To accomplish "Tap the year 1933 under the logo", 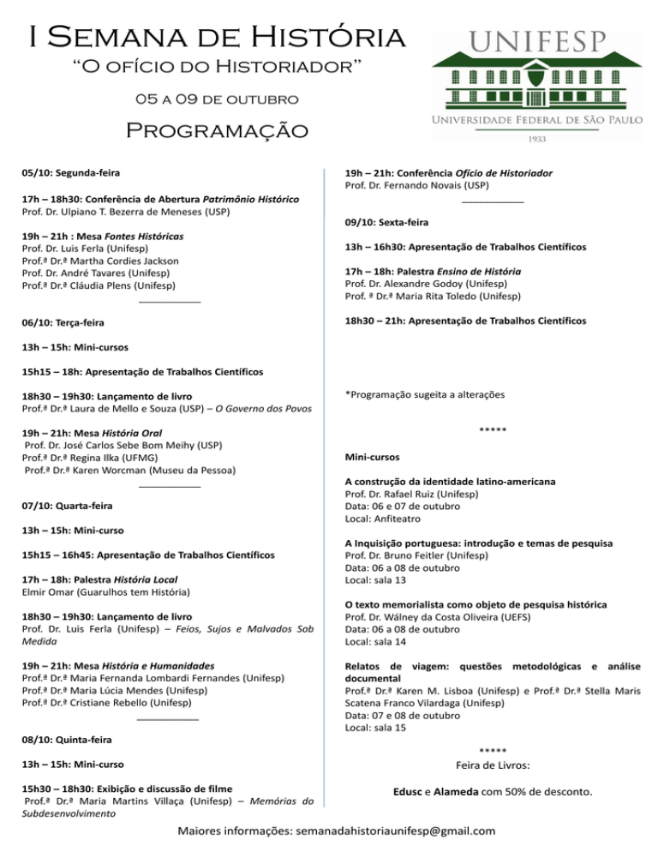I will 535,138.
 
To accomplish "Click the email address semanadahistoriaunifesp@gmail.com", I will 398,831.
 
